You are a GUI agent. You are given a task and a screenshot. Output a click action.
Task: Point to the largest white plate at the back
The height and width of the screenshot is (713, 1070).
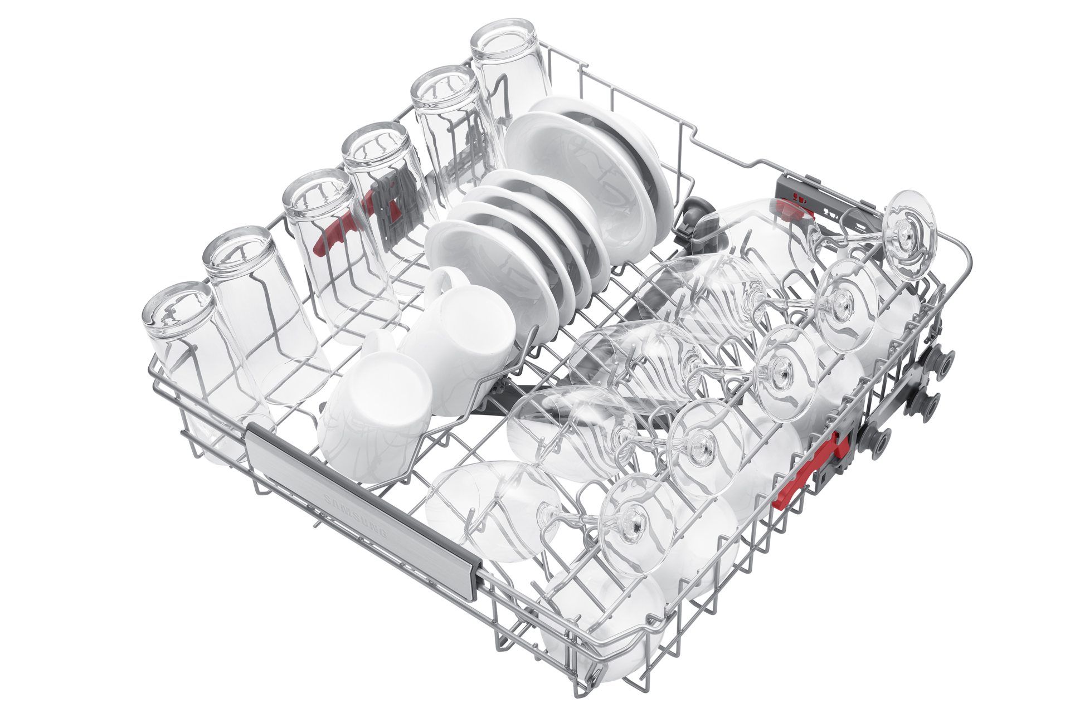591,167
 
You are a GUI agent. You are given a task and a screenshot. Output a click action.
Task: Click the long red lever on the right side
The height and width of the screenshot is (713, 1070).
809,473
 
